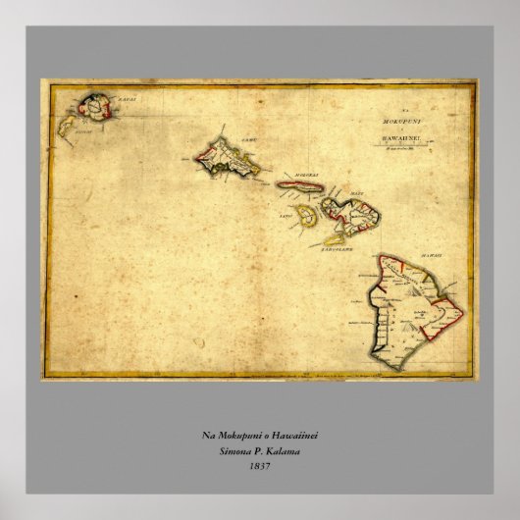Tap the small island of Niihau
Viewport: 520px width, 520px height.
tap(67, 126)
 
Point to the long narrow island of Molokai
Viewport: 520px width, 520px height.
tap(299, 184)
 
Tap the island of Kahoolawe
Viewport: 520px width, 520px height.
tap(336, 238)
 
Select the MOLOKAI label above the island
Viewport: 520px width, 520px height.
tap(301, 175)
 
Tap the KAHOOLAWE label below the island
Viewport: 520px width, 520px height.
tap(336, 249)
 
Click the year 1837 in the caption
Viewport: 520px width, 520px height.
tap(260, 466)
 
